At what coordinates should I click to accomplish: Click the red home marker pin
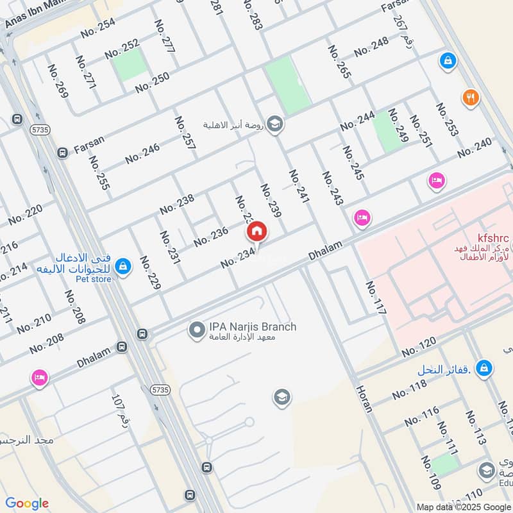[256, 231]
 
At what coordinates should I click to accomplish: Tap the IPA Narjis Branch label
[253, 327]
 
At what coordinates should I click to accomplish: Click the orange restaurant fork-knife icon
[470, 97]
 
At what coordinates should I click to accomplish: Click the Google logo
[27, 503]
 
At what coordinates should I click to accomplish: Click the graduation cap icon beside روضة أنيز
[275, 124]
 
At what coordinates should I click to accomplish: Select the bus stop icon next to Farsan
[62, 153]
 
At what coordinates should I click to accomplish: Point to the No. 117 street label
[376, 298]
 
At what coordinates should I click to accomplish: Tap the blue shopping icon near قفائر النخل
[485, 368]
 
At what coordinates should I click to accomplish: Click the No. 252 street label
[122, 48]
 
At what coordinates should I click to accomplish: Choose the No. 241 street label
[299, 187]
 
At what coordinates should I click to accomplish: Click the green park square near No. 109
[444, 464]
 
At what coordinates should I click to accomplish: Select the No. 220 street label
[26, 214]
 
